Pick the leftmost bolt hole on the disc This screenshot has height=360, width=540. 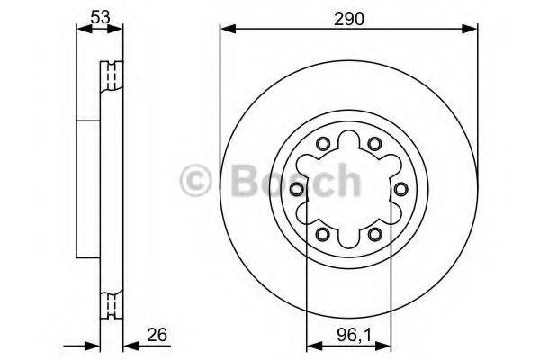tap(297, 189)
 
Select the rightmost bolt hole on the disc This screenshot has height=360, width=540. tap(400, 189)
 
